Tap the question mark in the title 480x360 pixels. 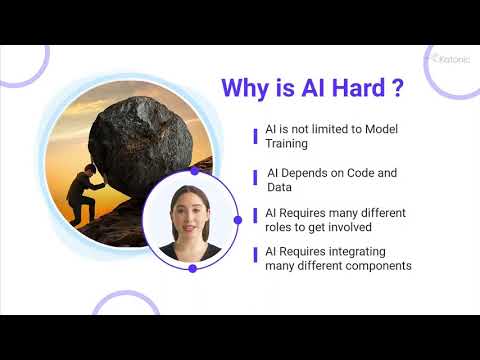click(397, 88)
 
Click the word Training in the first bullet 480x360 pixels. click(288, 145)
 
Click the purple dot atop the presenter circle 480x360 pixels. click(194, 171)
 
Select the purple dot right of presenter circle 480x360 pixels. click(237, 219)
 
